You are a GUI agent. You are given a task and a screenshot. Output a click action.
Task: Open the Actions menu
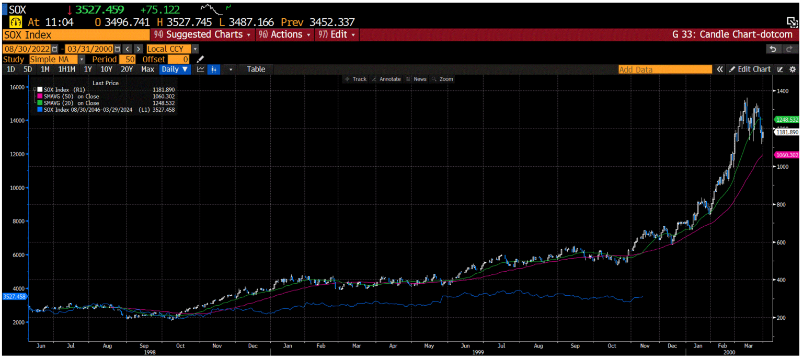click(285, 34)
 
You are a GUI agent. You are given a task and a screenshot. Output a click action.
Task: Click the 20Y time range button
click(127, 69)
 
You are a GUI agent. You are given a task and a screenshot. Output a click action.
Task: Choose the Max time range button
click(148, 69)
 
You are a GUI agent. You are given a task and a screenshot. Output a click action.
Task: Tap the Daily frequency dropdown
click(175, 69)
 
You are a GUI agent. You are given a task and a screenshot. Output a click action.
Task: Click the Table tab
click(256, 69)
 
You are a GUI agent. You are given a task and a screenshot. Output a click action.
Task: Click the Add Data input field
click(664, 69)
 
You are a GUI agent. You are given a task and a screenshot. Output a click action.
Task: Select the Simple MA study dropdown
click(56, 59)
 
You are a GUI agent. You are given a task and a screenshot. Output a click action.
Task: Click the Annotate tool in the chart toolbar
click(386, 79)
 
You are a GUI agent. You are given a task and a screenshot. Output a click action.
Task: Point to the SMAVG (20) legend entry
click(71, 103)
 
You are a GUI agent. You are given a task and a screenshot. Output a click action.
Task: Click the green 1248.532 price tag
click(786, 120)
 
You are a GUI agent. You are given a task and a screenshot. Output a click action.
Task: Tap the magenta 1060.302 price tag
click(786, 155)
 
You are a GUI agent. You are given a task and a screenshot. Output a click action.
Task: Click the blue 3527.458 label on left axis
click(14, 296)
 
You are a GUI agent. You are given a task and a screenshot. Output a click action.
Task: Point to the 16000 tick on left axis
click(17, 87)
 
